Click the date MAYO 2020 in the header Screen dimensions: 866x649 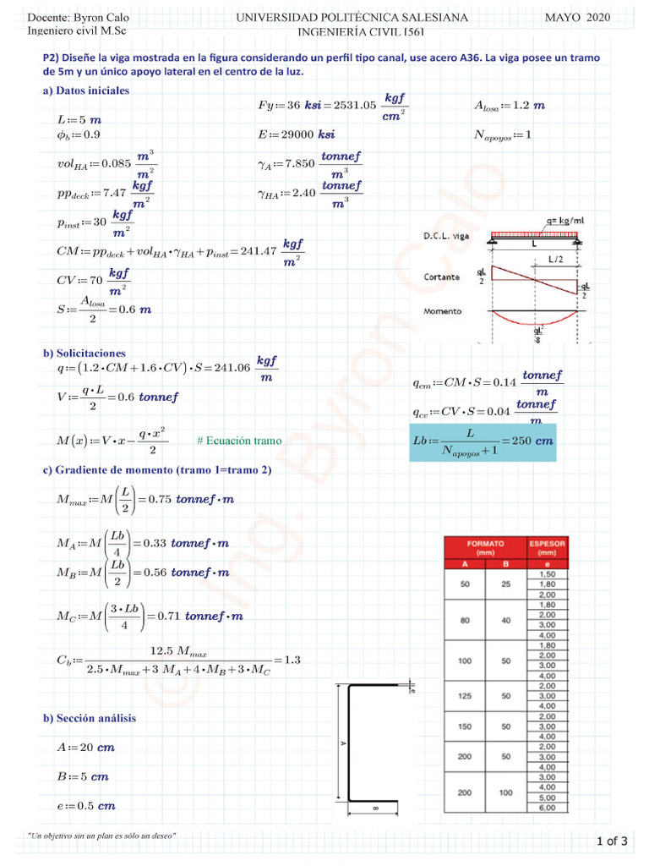[x=576, y=18]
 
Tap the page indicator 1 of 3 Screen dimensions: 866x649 [x=612, y=841]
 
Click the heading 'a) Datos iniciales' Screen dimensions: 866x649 [x=86, y=90]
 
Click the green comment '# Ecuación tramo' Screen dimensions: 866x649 [x=239, y=441]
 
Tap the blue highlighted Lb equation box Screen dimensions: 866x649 [x=483, y=441]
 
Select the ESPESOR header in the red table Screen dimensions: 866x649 [x=547, y=547]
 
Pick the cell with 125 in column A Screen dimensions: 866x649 [x=464, y=696]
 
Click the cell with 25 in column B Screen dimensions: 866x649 [x=505, y=584]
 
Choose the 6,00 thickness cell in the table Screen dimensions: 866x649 [x=547, y=808]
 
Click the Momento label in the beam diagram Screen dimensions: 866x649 [x=443, y=311]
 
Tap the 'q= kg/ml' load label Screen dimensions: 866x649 [x=564, y=221]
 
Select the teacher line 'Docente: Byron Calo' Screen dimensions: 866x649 [x=73, y=18]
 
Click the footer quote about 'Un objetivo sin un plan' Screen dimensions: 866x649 [x=102, y=836]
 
